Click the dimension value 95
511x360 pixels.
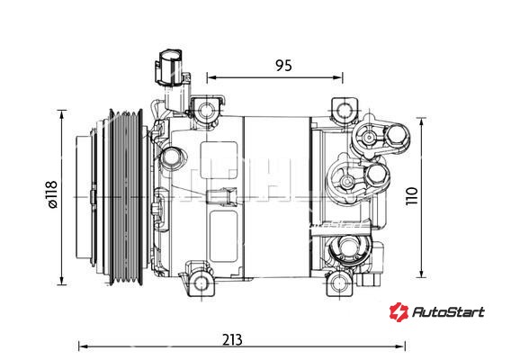pos(284,65)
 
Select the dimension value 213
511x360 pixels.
pos(233,340)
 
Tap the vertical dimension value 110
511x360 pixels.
pos(412,196)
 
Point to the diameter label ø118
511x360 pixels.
pos(52,194)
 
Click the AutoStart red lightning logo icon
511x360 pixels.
pos(399,311)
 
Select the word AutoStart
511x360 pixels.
pos(448,311)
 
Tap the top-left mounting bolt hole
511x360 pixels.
pos(206,110)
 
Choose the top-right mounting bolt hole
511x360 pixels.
pos(344,110)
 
